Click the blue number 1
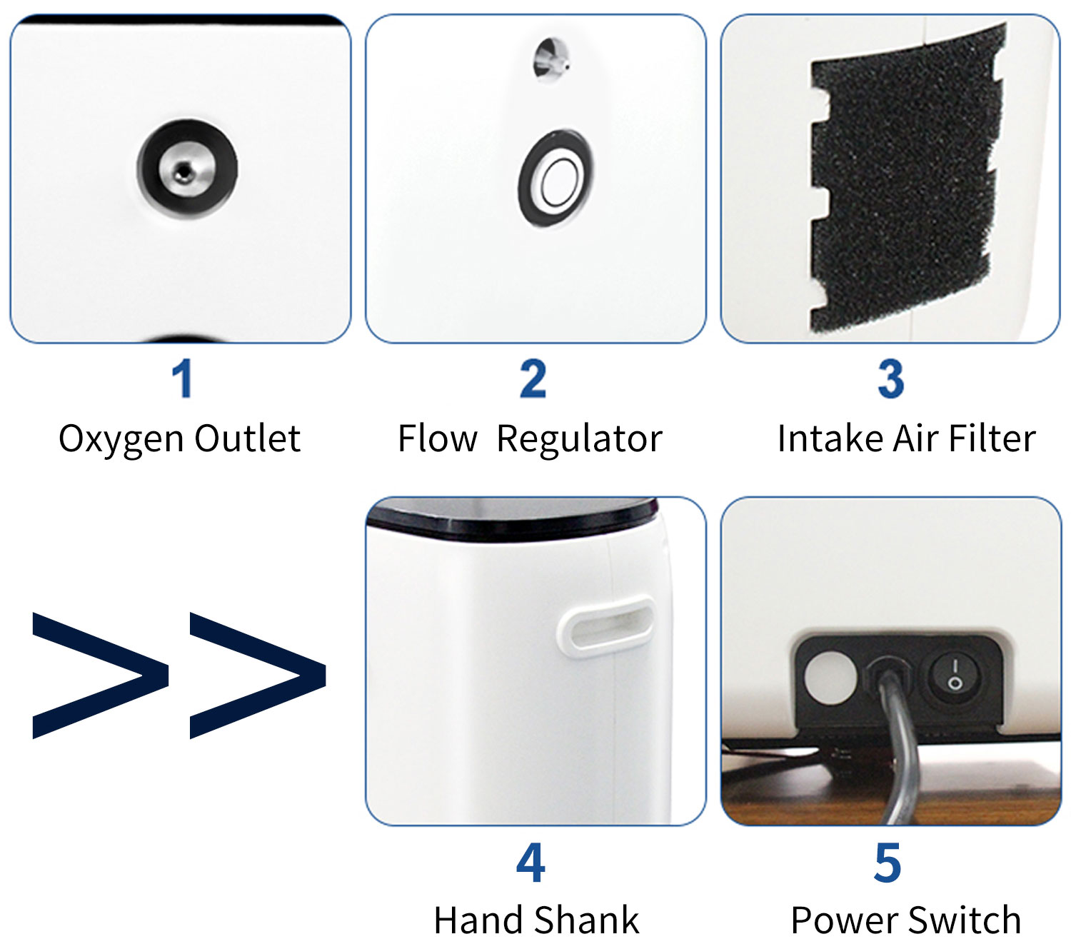(x=183, y=378)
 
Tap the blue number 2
(x=533, y=378)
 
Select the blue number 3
(x=890, y=378)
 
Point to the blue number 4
(x=531, y=863)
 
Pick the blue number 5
(x=888, y=863)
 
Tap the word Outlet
(x=247, y=438)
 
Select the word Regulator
(x=579, y=438)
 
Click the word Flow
(x=437, y=438)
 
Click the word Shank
(x=587, y=920)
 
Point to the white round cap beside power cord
(x=830, y=677)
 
